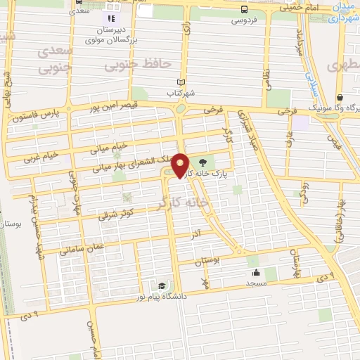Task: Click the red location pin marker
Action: click(x=181, y=166)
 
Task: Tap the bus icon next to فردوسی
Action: click(x=244, y=10)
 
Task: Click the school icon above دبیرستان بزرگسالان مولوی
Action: click(x=110, y=18)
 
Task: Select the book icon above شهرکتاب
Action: click(x=181, y=82)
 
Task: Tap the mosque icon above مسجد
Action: click(x=255, y=272)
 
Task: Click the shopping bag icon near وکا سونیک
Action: click(x=340, y=98)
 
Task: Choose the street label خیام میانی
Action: click(x=109, y=148)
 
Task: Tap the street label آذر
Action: click(x=196, y=232)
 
